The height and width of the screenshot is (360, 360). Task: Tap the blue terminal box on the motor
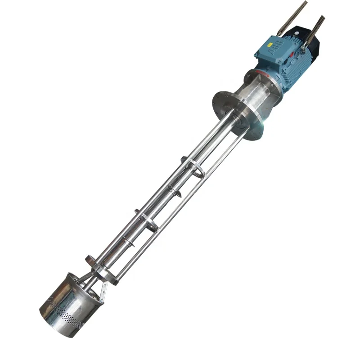(274, 49)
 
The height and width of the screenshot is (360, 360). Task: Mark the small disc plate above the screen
(90, 260)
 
